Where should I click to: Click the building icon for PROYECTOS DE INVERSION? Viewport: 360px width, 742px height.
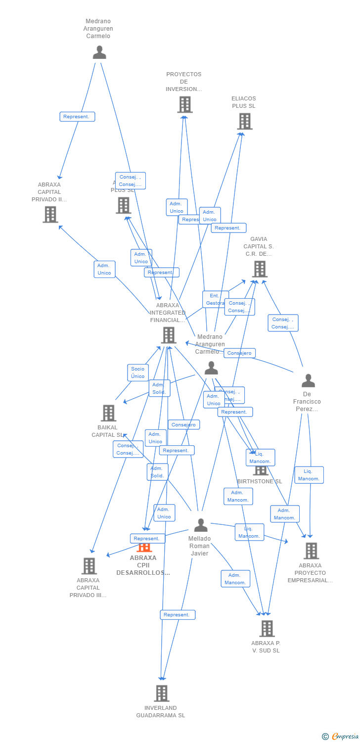point(184,104)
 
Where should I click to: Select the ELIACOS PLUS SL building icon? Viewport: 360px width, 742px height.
point(244,121)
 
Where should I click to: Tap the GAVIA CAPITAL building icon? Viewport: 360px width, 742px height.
point(259,269)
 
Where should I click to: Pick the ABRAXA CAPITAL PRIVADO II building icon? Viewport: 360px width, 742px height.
point(50,214)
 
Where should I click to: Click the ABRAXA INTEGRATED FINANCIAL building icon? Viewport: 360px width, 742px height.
point(168,335)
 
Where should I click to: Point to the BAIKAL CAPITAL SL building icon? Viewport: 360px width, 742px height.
point(108,413)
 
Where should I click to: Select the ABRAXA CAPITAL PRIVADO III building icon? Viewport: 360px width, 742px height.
point(89,566)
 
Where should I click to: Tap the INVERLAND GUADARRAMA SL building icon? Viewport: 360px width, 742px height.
point(161,693)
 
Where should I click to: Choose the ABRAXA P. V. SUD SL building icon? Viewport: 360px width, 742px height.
point(267,628)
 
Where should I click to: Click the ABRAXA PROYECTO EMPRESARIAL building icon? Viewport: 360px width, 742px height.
point(311,551)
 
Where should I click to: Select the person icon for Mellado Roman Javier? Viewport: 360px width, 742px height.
point(201,525)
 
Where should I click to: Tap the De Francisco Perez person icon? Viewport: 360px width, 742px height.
point(308,380)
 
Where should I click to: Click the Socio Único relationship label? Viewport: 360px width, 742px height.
point(138,372)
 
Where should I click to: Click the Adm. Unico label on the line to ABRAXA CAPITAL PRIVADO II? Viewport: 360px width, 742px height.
point(104,269)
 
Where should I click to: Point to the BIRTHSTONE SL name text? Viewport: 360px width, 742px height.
point(259,481)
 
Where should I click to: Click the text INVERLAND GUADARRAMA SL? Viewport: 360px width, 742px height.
point(161,711)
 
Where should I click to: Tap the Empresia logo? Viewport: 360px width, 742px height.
point(345,737)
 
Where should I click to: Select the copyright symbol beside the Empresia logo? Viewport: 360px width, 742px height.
point(325,737)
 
